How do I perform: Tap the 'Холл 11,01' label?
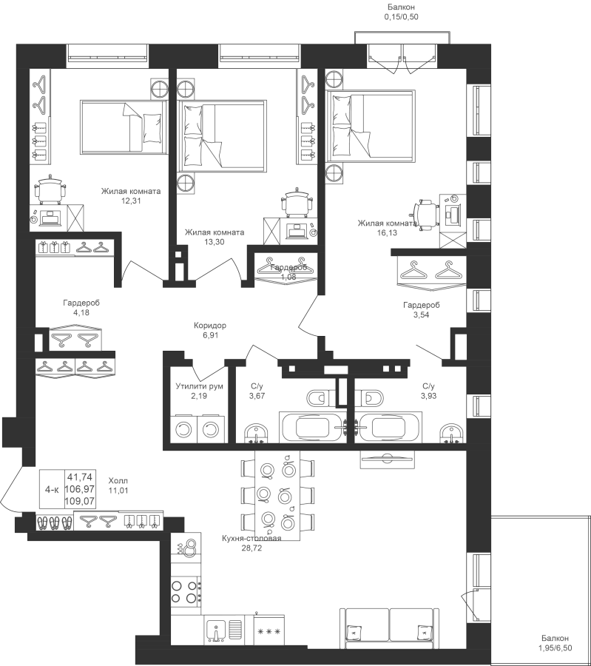(x=118, y=484)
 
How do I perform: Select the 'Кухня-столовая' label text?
(x=251, y=539)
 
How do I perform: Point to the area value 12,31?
(x=131, y=199)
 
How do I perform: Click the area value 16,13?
(x=388, y=232)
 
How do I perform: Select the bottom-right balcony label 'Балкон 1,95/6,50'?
(x=554, y=643)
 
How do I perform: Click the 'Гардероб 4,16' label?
(x=81, y=308)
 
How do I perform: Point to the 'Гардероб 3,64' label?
(x=422, y=309)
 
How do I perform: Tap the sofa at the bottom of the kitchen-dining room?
(x=387, y=626)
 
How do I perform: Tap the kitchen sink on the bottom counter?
(x=216, y=631)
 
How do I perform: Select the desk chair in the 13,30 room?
(x=297, y=201)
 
